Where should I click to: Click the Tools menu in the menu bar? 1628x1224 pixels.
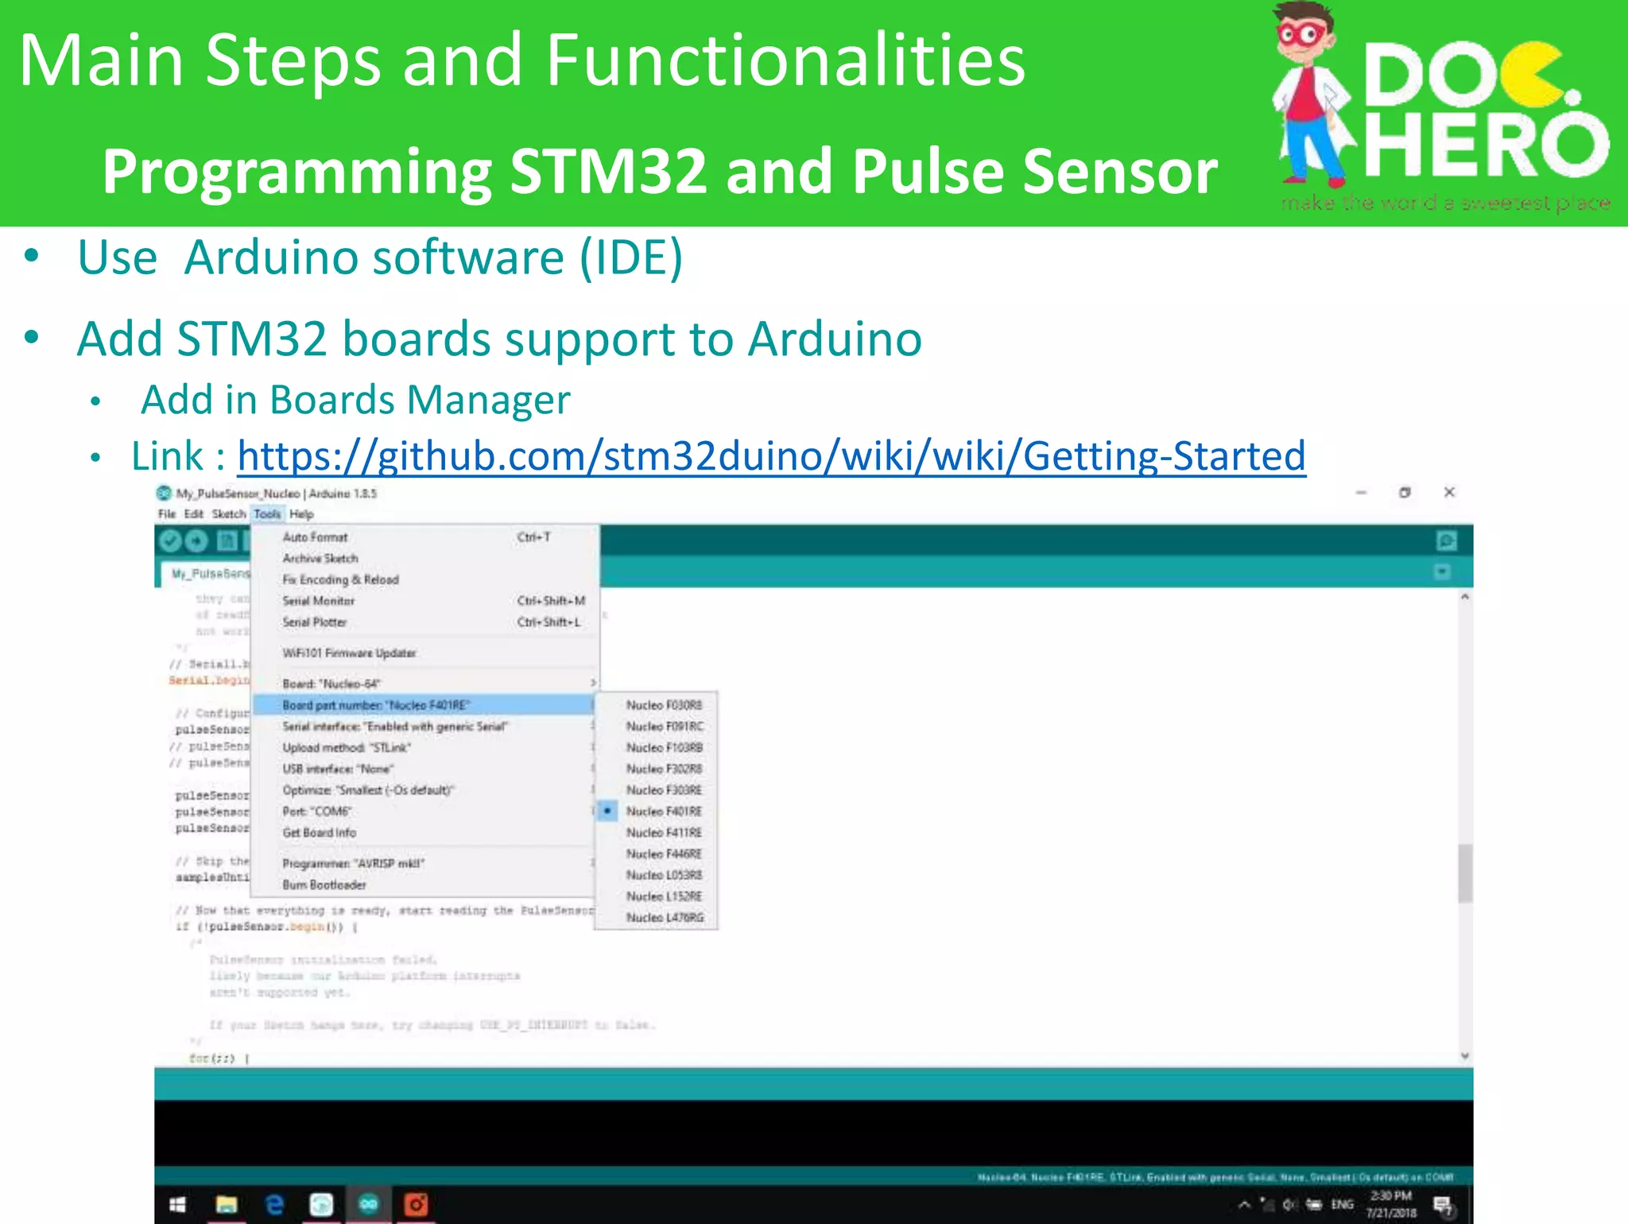[267, 514]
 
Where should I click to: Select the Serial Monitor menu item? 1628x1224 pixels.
[319, 601]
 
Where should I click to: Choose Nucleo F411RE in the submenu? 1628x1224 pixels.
[664, 832]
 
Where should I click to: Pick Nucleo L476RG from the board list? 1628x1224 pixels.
[665, 917]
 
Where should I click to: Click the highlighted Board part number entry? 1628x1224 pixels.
[376, 705]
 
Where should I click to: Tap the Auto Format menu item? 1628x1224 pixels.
[315, 537]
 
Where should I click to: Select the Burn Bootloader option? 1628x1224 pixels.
[324, 885]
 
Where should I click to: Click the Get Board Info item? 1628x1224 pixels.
[320, 832]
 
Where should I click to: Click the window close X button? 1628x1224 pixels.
[1449, 493]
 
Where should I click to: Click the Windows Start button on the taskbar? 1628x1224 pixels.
[178, 1205]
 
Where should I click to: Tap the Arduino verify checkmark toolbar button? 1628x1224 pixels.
[170, 541]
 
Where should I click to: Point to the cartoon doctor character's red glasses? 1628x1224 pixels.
[1301, 35]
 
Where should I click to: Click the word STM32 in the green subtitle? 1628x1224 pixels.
[608, 172]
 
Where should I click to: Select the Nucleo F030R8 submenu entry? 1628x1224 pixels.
[664, 705]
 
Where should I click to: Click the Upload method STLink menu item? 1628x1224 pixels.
[347, 748]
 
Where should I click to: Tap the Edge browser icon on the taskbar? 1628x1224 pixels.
[274, 1205]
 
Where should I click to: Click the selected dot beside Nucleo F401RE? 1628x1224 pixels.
[607, 811]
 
